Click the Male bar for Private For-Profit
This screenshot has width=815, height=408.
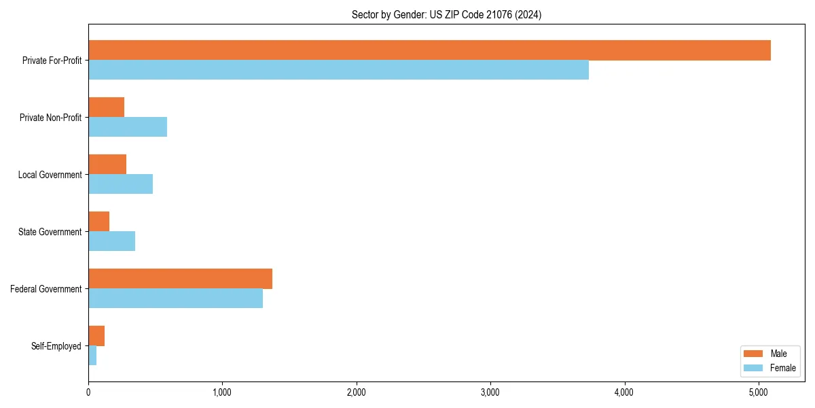pyautogui.click(x=429, y=50)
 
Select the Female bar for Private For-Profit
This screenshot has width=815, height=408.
pyautogui.click(x=338, y=70)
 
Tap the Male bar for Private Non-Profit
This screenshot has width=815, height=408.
pyautogui.click(x=106, y=107)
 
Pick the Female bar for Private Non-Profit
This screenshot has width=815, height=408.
pyautogui.click(x=128, y=127)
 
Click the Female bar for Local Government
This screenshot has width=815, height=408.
pyautogui.click(x=120, y=184)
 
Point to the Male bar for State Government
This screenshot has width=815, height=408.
pyautogui.click(x=98, y=222)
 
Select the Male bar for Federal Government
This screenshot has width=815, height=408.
pyautogui.click(x=180, y=279)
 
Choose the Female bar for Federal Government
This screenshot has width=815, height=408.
pyautogui.click(x=175, y=299)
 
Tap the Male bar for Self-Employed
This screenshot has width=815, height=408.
pyautogui.click(x=96, y=336)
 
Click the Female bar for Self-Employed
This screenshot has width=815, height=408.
pyautogui.click(x=92, y=356)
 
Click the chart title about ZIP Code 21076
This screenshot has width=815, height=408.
pyautogui.click(x=446, y=14)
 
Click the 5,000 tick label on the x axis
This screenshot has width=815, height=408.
pyautogui.click(x=758, y=392)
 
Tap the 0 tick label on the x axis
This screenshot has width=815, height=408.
pyautogui.click(x=88, y=392)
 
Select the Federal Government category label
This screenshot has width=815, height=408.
pyautogui.click(x=46, y=289)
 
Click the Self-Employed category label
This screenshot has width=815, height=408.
pyautogui.click(x=56, y=346)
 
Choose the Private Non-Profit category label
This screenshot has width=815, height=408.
pyautogui.click(x=50, y=118)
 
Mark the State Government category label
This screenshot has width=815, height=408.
pyautogui.click(x=50, y=232)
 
